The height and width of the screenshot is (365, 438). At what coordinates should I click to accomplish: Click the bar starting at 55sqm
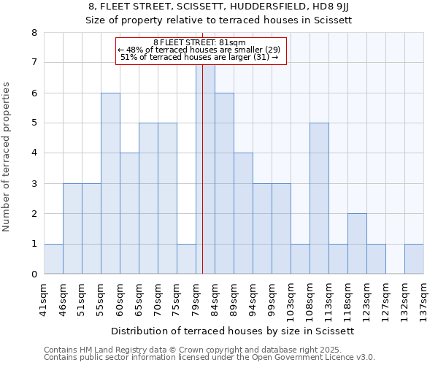pyautogui.click(x=110, y=183)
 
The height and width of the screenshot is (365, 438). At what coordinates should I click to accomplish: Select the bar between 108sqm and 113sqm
pyautogui.click(x=319, y=199)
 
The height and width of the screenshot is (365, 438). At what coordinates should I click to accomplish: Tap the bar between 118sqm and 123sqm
pyautogui.click(x=357, y=244)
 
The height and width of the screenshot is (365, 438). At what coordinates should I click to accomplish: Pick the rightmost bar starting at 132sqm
pyautogui.click(x=414, y=259)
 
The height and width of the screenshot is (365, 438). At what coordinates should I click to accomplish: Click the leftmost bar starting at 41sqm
pyautogui.click(x=53, y=259)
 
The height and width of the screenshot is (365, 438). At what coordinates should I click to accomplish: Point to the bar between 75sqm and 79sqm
pyautogui.click(x=186, y=259)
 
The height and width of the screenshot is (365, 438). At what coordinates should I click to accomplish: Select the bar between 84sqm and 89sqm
pyautogui.click(x=224, y=183)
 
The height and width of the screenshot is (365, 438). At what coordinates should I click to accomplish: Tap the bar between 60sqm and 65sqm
pyautogui.click(x=129, y=213)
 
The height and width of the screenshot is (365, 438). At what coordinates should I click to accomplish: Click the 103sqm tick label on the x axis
pyautogui.click(x=291, y=298)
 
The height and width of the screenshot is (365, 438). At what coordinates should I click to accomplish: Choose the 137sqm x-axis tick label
pyautogui.click(x=424, y=298)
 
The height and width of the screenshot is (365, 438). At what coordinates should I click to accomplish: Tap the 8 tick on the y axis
pyautogui.click(x=34, y=33)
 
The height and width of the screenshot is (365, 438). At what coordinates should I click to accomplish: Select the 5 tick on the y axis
pyautogui.click(x=34, y=123)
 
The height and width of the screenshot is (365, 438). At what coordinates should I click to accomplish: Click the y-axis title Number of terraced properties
pyautogui.click(x=7, y=156)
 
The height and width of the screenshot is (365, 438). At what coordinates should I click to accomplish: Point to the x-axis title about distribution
pyautogui.click(x=234, y=331)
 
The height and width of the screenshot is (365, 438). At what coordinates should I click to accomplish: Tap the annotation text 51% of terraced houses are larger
pyautogui.click(x=199, y=57)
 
